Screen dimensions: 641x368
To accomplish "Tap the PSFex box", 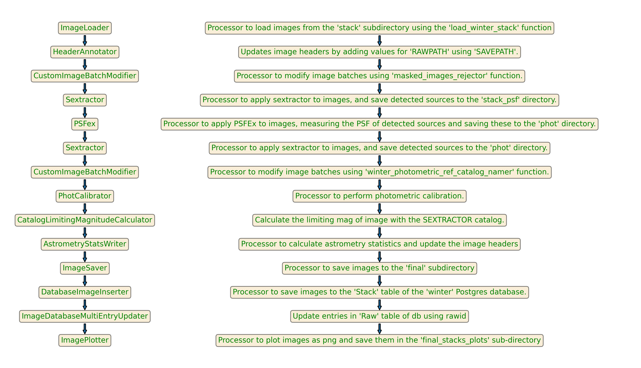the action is (85, 124).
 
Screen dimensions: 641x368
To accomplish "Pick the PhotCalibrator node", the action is (85, 196).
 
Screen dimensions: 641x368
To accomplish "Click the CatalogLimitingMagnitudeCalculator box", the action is (85, 220).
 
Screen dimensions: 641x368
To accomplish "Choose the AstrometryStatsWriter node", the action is (85, 244).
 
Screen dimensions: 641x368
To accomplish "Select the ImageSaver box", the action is (85, 268).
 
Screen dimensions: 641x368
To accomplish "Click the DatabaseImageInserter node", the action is (85, 292).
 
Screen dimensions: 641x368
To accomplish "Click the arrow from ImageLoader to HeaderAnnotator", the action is (85, 40).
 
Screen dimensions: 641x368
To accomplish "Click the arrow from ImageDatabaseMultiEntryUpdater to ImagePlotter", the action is (85, 329).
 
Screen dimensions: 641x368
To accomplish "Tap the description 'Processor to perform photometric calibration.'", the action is (379, 196).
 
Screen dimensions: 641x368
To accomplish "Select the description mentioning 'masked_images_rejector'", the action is (379, 76).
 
